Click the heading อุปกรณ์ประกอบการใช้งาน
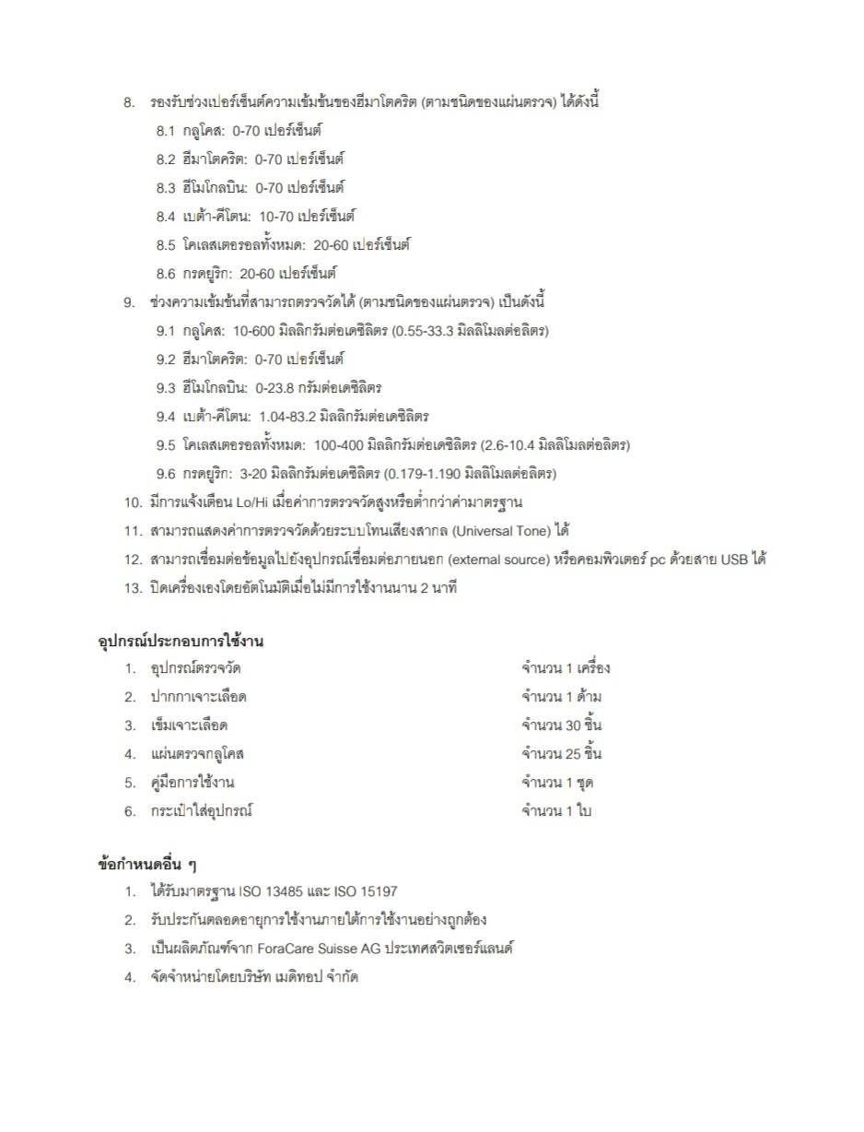pyautogui.click(x=181, y=641)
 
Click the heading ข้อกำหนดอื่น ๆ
pyautogui.click(x=147, y=865)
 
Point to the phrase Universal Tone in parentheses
pyautogui.click(x=502, y=531)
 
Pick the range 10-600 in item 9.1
pyautogui.click(x=253, y=331)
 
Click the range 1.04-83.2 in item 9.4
pyautogui.click(x=287, y=417)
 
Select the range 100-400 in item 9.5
pyautogui.click(x=340, y=445)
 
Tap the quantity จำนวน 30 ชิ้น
pyautogui.click(x=562, y=725)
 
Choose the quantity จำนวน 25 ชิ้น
pyautogui.click(x=562, y=753)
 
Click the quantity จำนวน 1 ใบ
pyautogui.click(x=555, y=811)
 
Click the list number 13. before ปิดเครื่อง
pyautogui.click(x=134, y=588)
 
